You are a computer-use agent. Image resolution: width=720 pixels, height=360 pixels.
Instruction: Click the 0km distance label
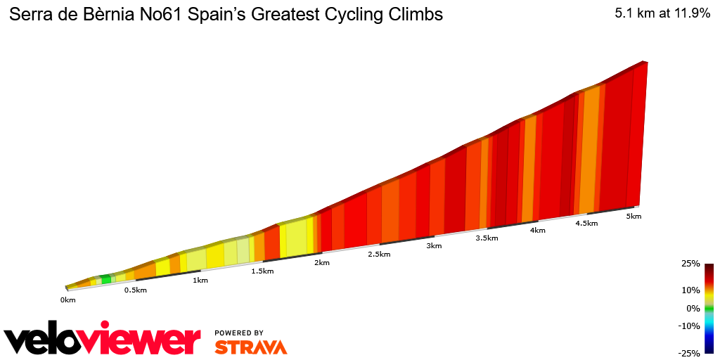pos(67,300)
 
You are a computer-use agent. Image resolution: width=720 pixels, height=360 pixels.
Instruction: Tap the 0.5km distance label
pos(135,290)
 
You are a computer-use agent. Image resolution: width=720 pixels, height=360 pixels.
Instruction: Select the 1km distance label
pos(200,281)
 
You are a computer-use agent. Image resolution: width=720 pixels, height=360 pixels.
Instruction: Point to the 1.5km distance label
pos(262,271)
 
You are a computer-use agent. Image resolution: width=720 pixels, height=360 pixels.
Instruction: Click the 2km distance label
pos(322,263)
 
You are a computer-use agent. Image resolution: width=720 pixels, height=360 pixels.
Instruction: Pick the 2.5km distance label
pos(378,255)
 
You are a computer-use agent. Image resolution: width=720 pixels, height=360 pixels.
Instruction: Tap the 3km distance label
pos(434,246)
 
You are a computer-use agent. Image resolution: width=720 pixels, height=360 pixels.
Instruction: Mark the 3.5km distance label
pos(487,238)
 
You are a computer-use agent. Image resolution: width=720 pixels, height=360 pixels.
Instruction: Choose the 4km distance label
pos(538,231)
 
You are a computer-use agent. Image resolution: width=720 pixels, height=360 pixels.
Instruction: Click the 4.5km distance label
pos(586,224)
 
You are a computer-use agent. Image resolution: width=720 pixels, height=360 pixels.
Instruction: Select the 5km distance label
pos(634,217)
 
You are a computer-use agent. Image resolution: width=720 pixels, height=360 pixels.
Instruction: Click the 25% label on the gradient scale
pos(690,264)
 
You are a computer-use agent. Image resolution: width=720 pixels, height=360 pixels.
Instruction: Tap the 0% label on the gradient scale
pos(693,308)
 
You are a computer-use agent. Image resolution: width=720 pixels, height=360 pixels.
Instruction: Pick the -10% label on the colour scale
pos(689,326)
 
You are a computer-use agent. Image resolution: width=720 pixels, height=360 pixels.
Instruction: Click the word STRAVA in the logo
pos(250,347)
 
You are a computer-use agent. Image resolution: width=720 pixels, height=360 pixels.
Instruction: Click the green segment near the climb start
pos(106,279)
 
